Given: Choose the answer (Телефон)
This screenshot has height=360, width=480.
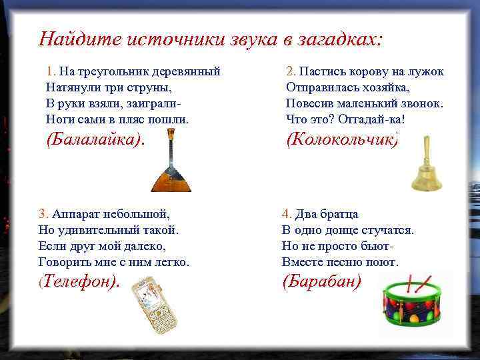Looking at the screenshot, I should [79, 281].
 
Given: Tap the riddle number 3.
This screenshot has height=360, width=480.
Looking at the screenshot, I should [43, 214].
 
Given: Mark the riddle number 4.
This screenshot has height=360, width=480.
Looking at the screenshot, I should [286, 214].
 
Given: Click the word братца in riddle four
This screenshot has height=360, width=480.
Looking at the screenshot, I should [340, 214].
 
